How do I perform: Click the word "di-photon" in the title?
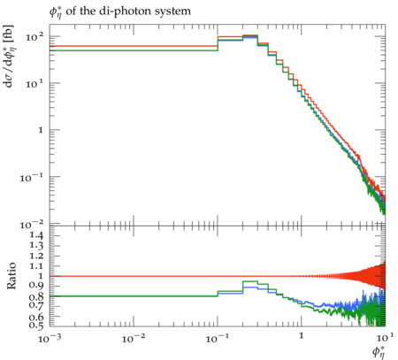(119, 11)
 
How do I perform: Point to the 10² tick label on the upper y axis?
(34, 37)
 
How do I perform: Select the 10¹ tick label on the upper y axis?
(34, 84)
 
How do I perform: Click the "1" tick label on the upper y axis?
(41, 130)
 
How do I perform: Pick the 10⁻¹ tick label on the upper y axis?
(32, 178)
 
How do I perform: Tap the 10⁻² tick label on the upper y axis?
(32, 225)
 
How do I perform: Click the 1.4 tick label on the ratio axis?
(36, 235)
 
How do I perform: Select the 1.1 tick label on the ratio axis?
(36, 266)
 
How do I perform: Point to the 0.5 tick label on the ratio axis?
(36, 325)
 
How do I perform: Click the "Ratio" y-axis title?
(11, 276)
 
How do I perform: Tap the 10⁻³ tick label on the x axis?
(50, 339)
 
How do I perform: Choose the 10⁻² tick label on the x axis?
(134, 339)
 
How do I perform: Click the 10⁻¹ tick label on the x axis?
(218, 339)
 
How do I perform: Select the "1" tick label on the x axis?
(302, 336)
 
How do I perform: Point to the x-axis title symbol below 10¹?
(379, 352)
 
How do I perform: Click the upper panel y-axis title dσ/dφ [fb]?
(9, 56)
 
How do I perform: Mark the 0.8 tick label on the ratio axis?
(36, 296)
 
